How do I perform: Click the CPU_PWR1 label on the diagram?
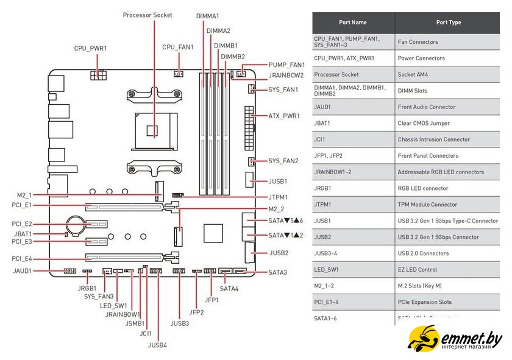pyautogui.click(x=90, y=48)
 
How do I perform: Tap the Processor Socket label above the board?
pyautogui.click(x=148, y=15)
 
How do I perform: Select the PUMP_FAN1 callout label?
pyautogui.click(x=286, y=65)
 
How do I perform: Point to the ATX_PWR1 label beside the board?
pyautogui.click(x=284, y=115)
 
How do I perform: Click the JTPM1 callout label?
pyautogui.click(x=278, y=197)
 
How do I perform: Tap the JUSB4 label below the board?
pyautogui.click(x=157, y=345)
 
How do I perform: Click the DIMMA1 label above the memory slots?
pyautogui.click(x=208, y=15)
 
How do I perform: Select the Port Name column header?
pyautogui.click(x=353, y=23)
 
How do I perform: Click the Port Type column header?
pyautogui.click(x=449, y=23)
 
